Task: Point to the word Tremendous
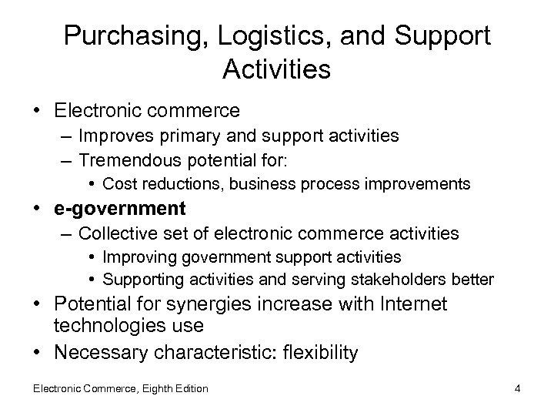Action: pyautogui.click(x=128, y=159)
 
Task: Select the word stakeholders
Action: pyautogui.click(x=413, y=279)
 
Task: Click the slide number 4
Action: pyautogui.click(x=518, y=388)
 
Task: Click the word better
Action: pyautogui.click(x=476, y=279)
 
